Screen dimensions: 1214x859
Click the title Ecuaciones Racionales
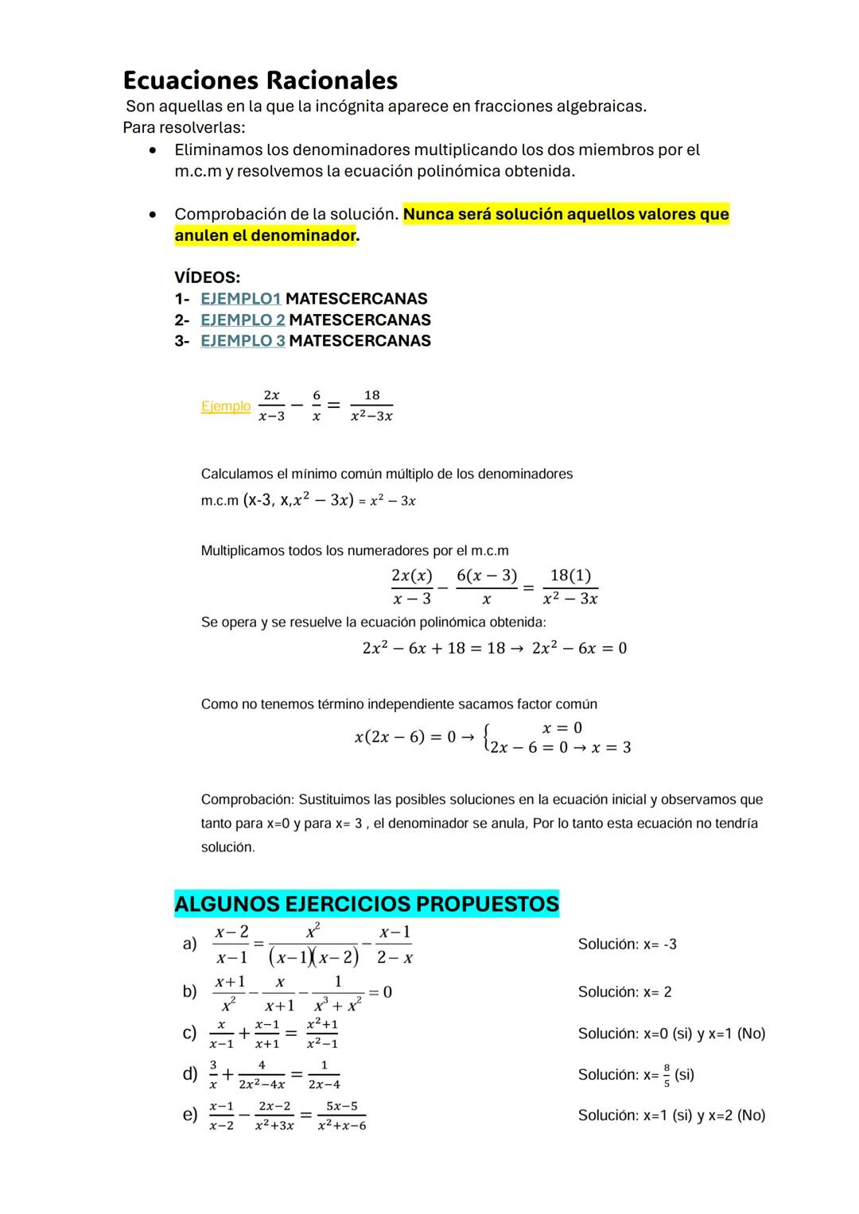tap(260, 80)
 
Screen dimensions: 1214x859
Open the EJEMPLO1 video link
tap(240, 299)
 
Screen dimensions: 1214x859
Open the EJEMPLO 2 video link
tap(243, 320)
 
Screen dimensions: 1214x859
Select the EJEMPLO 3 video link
tap(243, 341)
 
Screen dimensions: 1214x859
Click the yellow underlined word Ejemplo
tap(225, 406)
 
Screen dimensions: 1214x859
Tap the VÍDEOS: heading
tap(207, 277)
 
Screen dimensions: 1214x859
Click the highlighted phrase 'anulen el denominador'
tap(265, 236)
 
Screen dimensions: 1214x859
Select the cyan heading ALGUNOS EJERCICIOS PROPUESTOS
tap(366, 904)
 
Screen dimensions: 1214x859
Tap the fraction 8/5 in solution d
tap(667, 1075)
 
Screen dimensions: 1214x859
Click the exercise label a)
tap(189, 944)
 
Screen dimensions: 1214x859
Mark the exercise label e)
tap(189, 1115)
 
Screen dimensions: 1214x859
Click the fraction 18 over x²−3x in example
tap(371, 405)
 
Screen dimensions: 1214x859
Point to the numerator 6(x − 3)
tap(486, 576)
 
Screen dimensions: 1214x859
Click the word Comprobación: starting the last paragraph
tap(247, 800)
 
